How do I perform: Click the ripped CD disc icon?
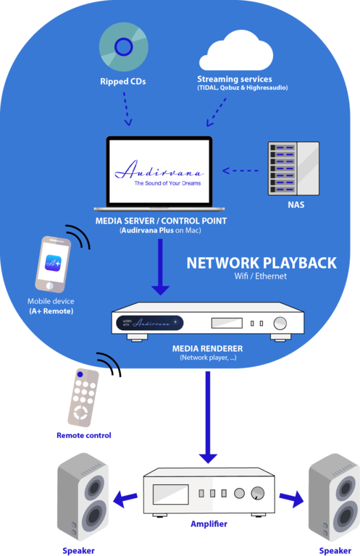pos(123,47)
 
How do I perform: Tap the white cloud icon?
pos(236,51)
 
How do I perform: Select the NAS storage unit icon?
pos(293,169)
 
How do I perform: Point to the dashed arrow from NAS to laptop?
pos(240,171)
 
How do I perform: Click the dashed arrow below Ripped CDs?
pos(127,109)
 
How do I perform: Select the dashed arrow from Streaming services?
pos(216,112)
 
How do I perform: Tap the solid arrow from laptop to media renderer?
pos(160,267)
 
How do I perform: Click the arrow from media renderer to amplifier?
pos(208,417)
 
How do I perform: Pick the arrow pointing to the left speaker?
pos(125,500)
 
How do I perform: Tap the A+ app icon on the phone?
pos(53,264)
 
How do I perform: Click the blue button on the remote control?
pos(80,374)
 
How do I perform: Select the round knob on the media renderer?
pos(280,324)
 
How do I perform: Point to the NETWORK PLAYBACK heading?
pos(261,263)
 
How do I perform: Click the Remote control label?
pos(84,435)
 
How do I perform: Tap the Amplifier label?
pos(209,524)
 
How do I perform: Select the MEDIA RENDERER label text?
pos(207,348)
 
